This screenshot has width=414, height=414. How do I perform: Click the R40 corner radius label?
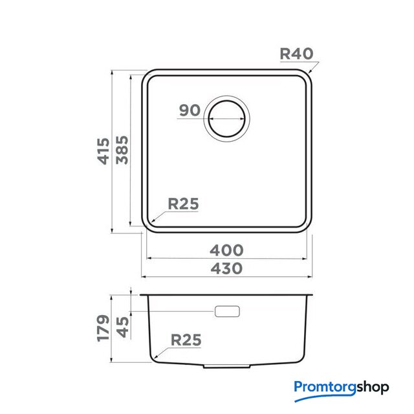[296, 54]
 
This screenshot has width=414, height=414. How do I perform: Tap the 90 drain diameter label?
[190, 110]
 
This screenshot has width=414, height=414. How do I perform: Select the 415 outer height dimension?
[103, 151]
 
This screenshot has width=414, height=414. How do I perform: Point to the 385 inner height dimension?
[122, 150]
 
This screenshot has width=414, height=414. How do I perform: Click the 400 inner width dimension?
[226, 250]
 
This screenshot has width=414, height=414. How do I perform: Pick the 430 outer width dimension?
[226, 268]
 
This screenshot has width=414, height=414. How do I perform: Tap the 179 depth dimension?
[103, 328]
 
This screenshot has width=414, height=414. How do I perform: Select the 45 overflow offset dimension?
[123, 327]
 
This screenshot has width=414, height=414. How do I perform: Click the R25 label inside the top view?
[183, 204]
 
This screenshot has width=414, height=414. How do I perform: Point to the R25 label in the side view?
[186, 340]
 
